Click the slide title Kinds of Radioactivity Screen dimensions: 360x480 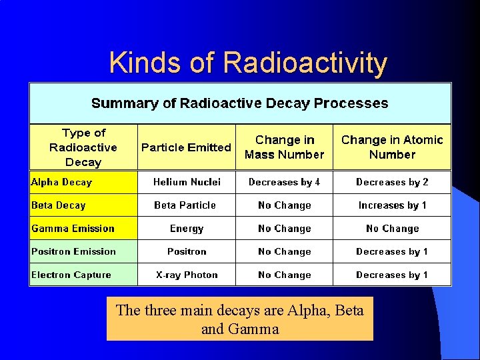[247, 63]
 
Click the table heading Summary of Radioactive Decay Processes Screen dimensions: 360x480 [239, 103]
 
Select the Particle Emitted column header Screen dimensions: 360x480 [186, 147]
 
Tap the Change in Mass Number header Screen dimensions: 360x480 [284, 147]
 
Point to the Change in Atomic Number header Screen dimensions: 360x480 [392, 147]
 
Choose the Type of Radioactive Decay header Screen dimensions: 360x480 [83, 147]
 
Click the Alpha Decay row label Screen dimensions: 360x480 [62, 182]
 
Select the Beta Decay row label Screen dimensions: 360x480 [59, 205]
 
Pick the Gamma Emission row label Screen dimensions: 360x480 [73, 229]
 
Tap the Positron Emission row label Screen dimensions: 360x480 [73, 251]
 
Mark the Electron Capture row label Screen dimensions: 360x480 [71, 275]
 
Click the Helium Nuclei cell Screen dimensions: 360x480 [187, 182]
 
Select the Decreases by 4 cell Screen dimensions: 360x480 [284, 182]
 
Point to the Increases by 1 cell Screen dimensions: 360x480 [392, 205]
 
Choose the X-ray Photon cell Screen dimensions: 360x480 [187, 275]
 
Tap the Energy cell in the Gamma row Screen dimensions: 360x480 [187, 229]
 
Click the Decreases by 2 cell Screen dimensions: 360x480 [392, 182]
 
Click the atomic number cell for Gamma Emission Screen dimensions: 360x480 [392, 229]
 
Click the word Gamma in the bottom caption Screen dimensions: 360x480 [254, 329]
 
